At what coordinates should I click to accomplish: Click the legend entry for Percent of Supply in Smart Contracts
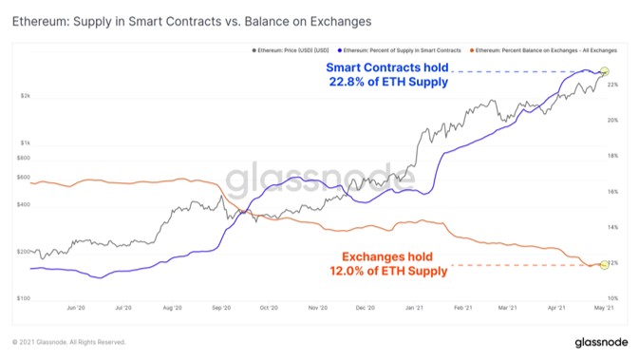[x=399, y=47]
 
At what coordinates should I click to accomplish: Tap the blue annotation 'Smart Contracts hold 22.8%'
[x=386, y=74]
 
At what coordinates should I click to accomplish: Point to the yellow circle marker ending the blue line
[x=605, y=71]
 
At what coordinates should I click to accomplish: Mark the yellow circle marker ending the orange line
[x=605, y=265]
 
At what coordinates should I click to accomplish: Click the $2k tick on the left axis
[x=27, y=97]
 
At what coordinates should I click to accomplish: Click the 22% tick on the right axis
[x=613, y=85]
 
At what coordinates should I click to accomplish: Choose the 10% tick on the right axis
[x=613, y=298]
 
